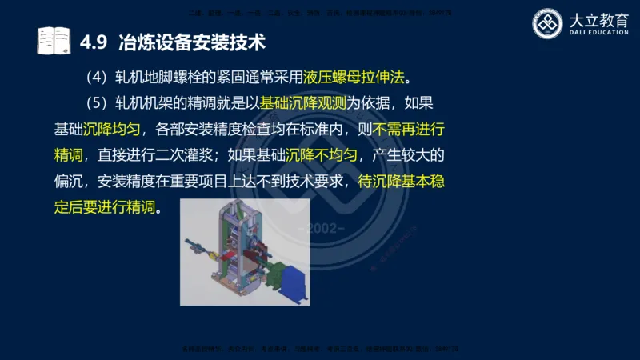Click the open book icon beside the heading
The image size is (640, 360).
coord(54,40)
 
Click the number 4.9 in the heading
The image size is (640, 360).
coord(95,40)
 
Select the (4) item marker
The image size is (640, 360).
coord(96,78)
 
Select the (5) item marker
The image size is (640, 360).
coord(96,103)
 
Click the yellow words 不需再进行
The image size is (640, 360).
coord(405,129)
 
